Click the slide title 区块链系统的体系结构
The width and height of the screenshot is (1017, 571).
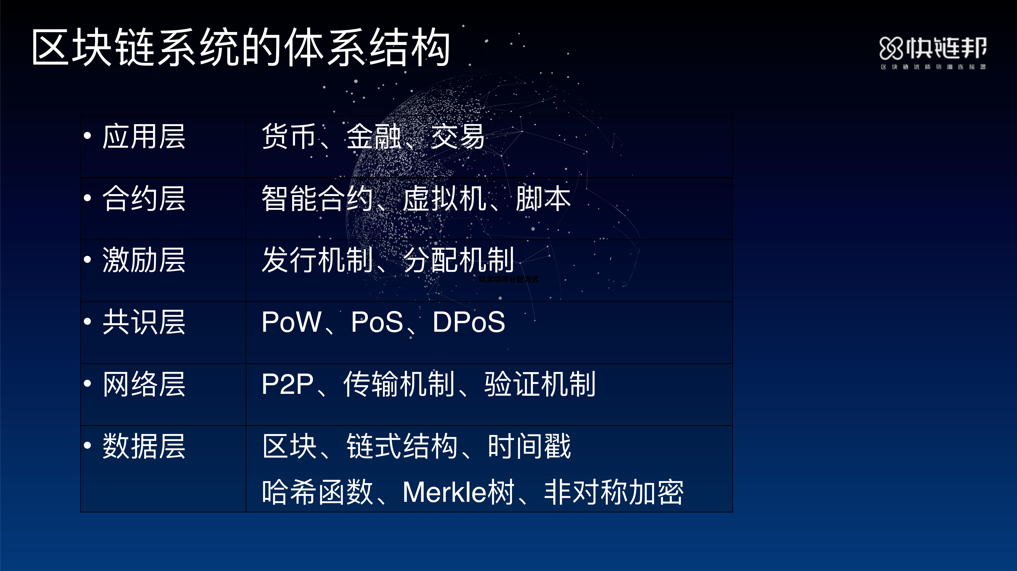click(x=241, y=47)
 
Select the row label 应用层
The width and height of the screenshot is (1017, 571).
click(x=144, y=136)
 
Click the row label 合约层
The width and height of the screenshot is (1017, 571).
click(x=144, y=198)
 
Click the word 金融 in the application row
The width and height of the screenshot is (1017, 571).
click(x=374, y=136)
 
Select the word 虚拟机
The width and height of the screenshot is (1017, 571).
click(x=445, y=198)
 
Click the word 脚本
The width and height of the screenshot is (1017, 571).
click(x=543, y=198)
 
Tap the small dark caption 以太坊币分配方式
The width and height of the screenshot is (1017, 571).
click(x=508, y=279)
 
